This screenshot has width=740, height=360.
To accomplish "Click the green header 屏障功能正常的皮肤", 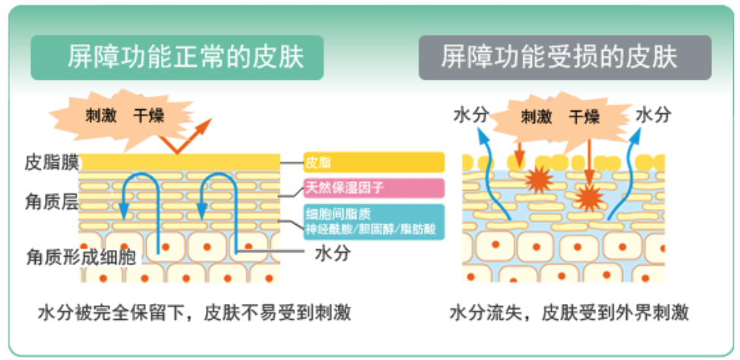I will tap(176, 57).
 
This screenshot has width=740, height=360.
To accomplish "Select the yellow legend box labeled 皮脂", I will tap(374, 162).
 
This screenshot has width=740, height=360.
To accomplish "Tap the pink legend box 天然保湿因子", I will tap(374, 188).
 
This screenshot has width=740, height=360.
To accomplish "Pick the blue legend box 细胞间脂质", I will tap(374, 221).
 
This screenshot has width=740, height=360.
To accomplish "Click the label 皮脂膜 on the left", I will tap(50, 162).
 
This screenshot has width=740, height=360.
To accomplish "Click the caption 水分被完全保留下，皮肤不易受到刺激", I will tap(194, 313).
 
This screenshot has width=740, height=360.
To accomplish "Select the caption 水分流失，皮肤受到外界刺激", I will tap(568, 313).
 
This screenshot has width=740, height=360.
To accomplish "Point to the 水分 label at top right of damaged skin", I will tap(653, 115).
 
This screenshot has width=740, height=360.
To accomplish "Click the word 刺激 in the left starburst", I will tap(99, 116).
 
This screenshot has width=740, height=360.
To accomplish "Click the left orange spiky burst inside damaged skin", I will tap(540, 180).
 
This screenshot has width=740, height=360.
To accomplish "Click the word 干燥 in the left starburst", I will tap(149, 116).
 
